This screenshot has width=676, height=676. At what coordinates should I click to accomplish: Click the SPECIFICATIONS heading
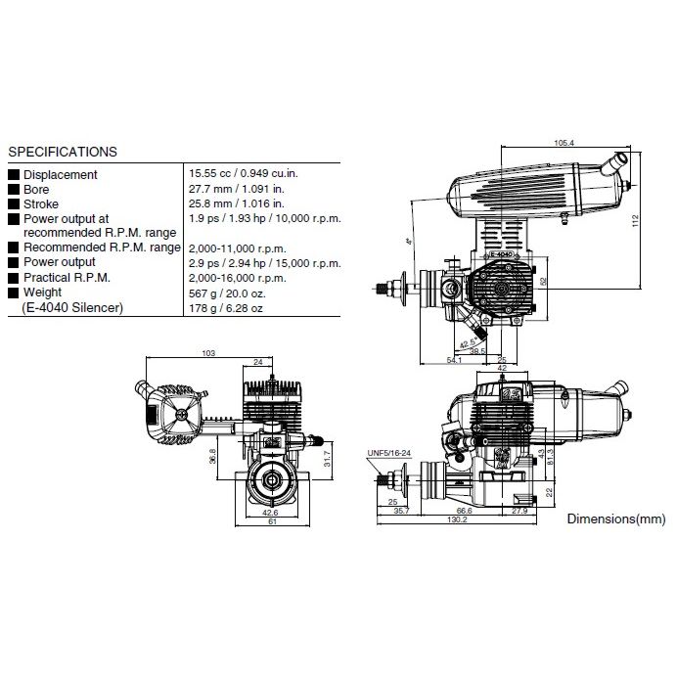point(63,152)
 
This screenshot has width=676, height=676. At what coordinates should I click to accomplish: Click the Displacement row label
point(60,174)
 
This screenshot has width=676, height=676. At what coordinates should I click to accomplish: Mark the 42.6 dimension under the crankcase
point(270,512)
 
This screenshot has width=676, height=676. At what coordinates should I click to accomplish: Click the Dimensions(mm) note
point(616,518)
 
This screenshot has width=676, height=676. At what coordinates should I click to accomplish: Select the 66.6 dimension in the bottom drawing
point(465,510)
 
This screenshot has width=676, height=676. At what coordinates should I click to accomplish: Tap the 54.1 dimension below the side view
point(453,361)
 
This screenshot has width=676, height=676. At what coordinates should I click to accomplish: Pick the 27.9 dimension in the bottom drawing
point(518,510)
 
